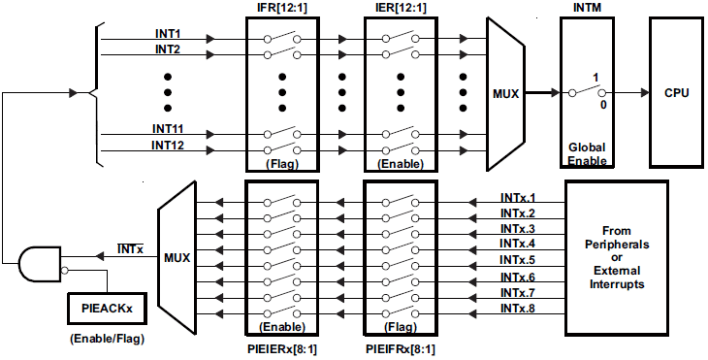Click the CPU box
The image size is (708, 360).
coord(676,93)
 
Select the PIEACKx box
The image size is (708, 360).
coord(107,309)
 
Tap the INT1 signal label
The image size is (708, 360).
coord(167,34)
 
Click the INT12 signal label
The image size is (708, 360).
coord(167,145)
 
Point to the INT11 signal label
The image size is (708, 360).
coord(167,128)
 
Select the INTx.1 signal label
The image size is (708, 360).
coord(518,198)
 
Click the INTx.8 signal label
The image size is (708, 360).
coord(518,308)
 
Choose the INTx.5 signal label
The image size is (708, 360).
coord(518,260)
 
